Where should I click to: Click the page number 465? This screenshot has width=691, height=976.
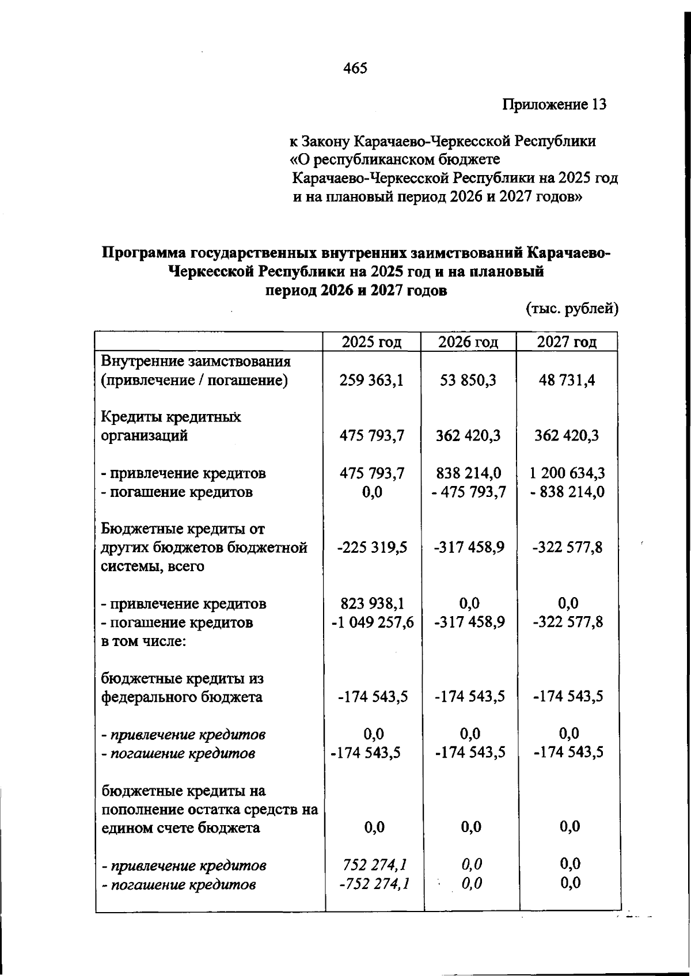[x=355, y=69]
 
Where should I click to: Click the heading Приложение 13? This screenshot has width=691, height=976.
[x=554, y=105]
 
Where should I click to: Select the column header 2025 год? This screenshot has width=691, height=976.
[x=371, y=342]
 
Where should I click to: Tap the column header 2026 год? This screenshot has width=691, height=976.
[x=468, y=342]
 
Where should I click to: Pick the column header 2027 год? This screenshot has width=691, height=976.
[x=567, y=342]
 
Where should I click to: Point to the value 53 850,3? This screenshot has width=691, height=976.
[x=468, y=381]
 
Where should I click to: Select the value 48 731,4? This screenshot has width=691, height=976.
[x=567, y=381]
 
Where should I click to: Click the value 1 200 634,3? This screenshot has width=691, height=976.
[x=567, y=473]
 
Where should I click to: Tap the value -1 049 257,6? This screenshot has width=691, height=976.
[x=372, y=622]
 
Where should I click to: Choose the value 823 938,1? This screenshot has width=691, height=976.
[x=373, y=603]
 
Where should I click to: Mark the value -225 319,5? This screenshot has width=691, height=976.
[x=372, y=547]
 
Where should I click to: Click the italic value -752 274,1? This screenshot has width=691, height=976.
[x=374, y=883]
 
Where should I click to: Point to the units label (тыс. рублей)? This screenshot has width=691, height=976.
[x=572, y=309]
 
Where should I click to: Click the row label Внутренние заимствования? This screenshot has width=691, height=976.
[x=196, y=362]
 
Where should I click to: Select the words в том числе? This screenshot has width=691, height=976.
[x=143, y=641]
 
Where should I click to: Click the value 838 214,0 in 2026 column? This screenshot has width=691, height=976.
[x=468, y=473]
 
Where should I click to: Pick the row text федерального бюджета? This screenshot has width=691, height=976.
[x=182, y=697]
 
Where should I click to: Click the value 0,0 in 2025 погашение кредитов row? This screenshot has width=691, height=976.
[x=373, y=492]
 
